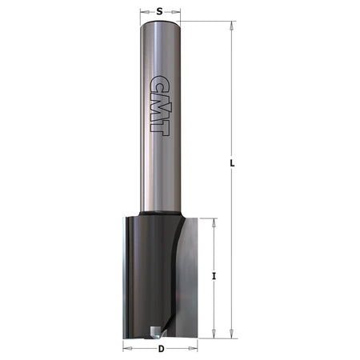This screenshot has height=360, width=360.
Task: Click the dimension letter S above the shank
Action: (160, 11)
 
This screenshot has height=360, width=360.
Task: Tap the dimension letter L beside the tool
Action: (232, 164)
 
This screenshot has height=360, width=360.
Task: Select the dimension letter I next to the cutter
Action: (214, 276)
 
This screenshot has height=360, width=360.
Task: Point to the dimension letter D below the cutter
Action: (160, 349)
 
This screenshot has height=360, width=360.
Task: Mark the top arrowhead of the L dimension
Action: (232, 24)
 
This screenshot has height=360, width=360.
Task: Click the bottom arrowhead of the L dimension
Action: (232, 336)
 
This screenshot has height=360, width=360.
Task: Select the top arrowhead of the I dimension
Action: (214, 221)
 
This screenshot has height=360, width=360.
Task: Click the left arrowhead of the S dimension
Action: (143, 12)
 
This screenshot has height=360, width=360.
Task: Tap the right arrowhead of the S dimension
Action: (177, 12)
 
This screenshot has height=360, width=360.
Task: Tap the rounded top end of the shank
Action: (160, 23)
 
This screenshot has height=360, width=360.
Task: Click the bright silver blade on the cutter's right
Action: (186, 280)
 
